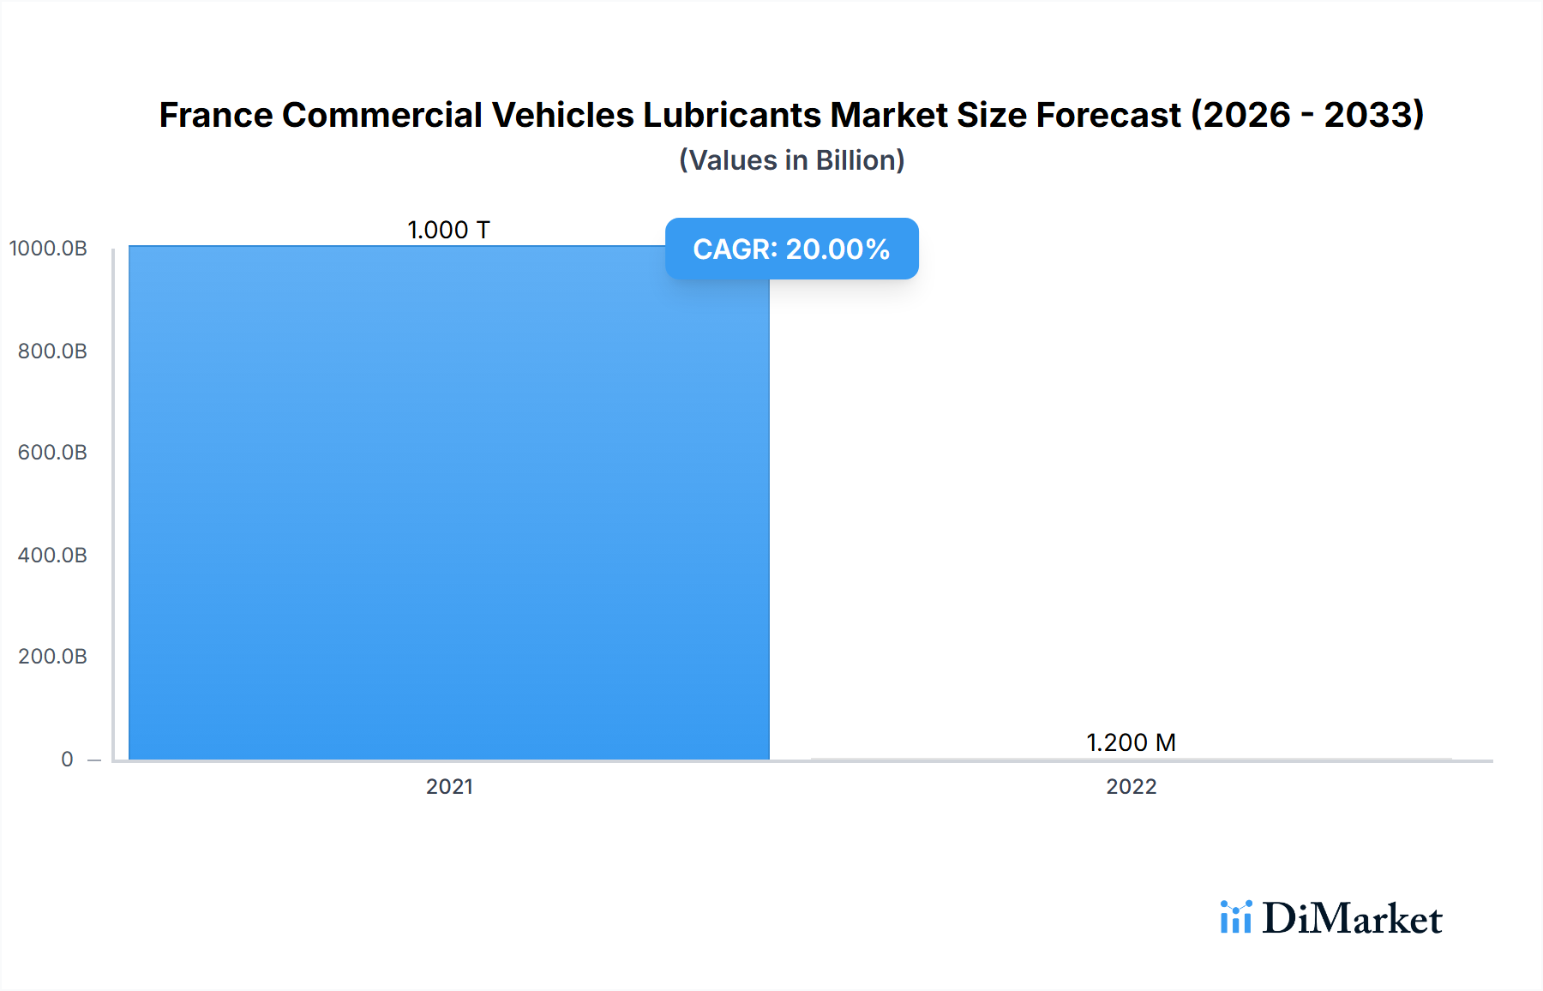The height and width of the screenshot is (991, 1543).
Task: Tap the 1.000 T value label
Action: click(448, 230)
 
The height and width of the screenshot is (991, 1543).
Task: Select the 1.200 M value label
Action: click(1131, 742)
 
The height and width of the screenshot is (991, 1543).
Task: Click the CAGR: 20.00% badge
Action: click(791, 249)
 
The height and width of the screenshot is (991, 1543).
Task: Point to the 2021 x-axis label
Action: click(449, 786)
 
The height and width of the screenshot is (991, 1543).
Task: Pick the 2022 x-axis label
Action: click(1131, 786)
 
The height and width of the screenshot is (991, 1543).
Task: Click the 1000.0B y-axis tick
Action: click(48, 249)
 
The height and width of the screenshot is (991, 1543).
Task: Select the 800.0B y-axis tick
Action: click(52, 351)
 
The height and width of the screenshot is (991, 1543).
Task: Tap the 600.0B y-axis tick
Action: click(52, 452)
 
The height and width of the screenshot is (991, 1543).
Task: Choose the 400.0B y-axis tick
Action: click(52, 555)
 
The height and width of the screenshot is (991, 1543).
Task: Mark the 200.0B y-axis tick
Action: click(52, 656)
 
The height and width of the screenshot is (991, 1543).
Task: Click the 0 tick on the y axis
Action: click(67, 759)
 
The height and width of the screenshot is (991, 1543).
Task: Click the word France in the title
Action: click(216, 115)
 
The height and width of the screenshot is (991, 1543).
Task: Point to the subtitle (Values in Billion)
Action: click(791, 160)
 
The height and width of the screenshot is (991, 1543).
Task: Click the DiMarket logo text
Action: click(1352, 918)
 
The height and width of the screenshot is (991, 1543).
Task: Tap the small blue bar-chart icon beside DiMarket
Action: click(1235, 916)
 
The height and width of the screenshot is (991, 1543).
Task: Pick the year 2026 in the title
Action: click(1248, 115)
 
